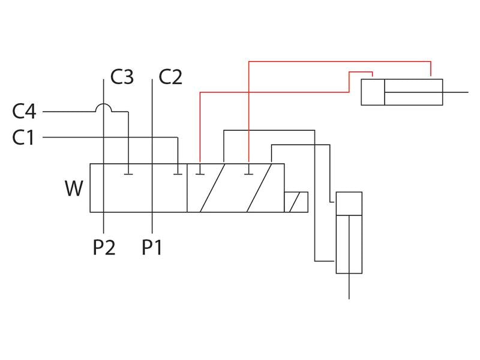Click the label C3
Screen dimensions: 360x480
[122, 77]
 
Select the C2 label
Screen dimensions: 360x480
[170, 77]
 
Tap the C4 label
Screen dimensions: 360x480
[25, 112]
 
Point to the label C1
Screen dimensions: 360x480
[23, 137]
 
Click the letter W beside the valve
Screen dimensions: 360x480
[74, 189]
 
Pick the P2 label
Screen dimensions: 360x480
[104, 247]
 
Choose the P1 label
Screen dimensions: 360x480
[152, 247]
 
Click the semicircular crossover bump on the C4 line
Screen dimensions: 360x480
[104, 108]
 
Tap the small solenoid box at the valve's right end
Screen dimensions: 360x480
[296, 202]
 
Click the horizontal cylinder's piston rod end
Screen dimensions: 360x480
[466, 92]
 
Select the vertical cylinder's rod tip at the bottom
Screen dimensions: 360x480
[349, 296]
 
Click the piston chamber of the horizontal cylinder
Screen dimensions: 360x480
[373, 92]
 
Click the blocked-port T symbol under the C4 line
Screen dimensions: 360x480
[128, 174]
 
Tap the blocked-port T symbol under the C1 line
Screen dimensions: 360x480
[178, 174]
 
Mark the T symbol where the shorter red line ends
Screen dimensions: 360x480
[200, 174]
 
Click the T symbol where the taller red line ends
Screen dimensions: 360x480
[248, 174]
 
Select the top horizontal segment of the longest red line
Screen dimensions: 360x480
[340, 60]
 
